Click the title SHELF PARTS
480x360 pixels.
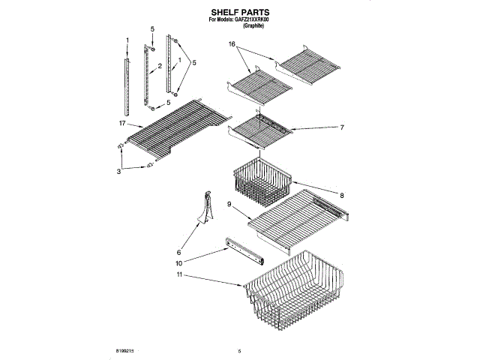tap(239, 13)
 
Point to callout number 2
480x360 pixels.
tap(160, 66)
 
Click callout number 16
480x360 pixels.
tap(232, 45)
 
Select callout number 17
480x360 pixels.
tap(121, 121)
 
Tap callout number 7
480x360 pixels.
tap(341, 127)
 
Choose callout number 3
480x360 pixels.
tap(118, 171)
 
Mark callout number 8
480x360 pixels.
tap(341, 195)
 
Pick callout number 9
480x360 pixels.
tap(229, 203)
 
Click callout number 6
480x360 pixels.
tap(179, 252)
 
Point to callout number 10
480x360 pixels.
tap(179, 263)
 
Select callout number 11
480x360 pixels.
tap(179, 275)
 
